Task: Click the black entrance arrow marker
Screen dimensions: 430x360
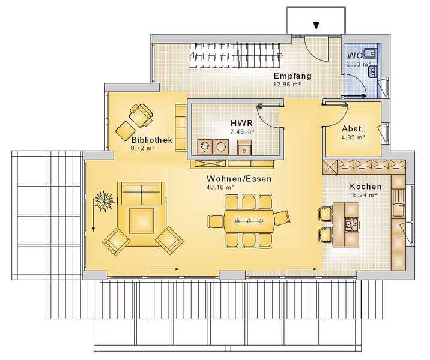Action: [316, 26]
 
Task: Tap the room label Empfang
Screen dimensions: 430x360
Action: [292, 76]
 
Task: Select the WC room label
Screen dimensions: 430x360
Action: [354, 55]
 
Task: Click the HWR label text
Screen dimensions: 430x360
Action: [241, 123]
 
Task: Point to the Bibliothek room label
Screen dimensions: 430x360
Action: [152, 140]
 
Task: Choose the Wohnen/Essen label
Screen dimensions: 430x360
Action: [239, 179]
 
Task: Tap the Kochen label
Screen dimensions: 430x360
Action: [366, 187]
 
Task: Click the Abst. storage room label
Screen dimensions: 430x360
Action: [353, 129]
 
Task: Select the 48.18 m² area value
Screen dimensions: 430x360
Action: [220, 187]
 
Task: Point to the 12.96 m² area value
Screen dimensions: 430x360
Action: [287, 85]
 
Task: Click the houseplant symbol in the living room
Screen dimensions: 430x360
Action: [104, 201]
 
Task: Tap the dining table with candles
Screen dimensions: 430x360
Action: [249, 221]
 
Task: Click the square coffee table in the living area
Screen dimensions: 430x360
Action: [141, 221]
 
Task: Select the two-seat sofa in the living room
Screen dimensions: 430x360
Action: [141, 193]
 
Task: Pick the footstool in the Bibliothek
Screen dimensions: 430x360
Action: [125, 131]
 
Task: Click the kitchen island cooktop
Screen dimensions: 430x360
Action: [351, 224]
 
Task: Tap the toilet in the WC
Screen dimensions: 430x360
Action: [370, 53]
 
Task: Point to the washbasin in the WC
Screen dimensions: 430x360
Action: [372, 73]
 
